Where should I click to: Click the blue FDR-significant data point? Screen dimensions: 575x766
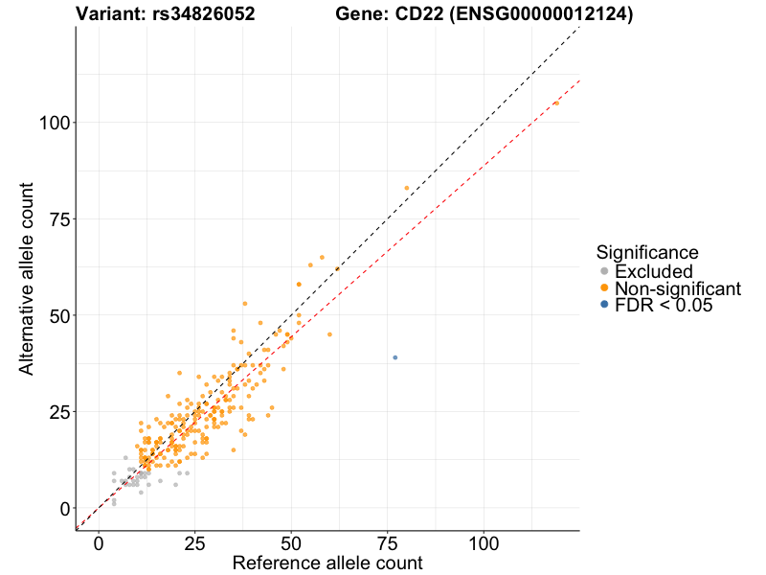click(x=394, y=357)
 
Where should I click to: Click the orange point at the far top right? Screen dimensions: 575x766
click(x=556, y=103)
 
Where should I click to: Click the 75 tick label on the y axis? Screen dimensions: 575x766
click(x=60, y=219)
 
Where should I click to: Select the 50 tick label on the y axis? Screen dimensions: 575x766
click(x=60, y=315)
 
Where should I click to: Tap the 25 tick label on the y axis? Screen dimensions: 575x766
click(x=60, y=412)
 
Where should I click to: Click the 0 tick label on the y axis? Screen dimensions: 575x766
click(x=65, y=508)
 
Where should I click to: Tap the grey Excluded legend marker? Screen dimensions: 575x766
click(x=603, y=272)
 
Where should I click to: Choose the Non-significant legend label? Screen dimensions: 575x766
click(x=678, y=288)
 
